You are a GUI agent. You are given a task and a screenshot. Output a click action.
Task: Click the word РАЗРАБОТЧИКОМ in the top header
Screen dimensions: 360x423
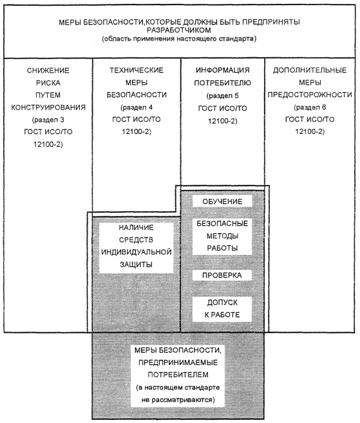(178, 30)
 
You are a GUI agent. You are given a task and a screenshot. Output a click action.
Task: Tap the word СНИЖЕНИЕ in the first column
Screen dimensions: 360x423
(48, 70)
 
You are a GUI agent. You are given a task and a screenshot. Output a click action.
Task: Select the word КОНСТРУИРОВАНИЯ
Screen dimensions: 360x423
(48, 108)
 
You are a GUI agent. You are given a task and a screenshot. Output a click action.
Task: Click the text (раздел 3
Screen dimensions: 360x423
(48, 120)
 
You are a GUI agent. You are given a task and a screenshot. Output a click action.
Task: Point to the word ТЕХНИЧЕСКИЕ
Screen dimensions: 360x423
(137, 70)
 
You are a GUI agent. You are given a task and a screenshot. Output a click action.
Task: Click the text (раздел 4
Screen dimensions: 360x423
(137, 108)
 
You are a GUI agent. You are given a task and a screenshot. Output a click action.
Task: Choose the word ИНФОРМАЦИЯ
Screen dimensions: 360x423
(222, 70)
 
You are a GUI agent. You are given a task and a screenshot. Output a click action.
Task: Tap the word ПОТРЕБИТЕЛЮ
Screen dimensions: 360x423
(222, 83)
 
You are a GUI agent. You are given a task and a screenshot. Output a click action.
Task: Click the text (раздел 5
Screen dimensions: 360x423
(222, 96)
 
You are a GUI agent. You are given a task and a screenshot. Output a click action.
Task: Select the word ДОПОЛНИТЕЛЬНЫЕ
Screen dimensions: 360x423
(310, 70)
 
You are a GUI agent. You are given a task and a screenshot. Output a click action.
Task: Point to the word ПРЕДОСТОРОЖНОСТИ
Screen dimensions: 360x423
(310, 95)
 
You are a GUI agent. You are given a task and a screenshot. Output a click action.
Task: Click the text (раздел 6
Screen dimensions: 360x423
(310, 108)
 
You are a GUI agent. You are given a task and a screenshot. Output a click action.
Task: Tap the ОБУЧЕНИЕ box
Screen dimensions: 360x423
(222, 202)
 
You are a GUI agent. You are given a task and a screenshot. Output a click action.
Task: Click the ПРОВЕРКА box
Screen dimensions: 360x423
(222, 276)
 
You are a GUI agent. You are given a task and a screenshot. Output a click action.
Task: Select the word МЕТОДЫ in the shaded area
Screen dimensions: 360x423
(222, 236)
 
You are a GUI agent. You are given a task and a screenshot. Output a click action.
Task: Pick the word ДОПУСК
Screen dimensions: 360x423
(222, 303)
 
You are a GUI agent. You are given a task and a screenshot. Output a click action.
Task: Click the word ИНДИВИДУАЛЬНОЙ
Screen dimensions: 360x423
(137, 252)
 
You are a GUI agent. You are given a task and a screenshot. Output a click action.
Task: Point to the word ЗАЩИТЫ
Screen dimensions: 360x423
(136, 265)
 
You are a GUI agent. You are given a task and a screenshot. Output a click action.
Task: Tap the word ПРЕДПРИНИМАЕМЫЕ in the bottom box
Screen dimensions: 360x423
(178, 362)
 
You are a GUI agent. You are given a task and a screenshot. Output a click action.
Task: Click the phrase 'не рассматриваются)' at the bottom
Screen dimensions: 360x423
(178, 400)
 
